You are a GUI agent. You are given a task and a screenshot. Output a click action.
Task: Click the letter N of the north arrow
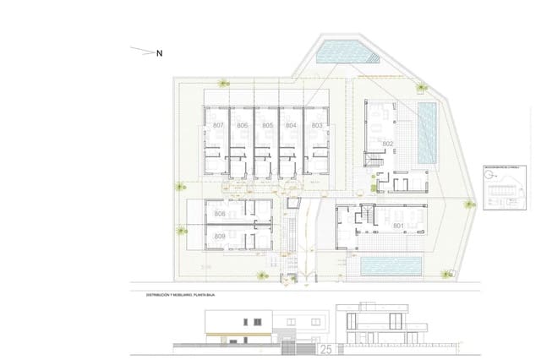coord(159,52)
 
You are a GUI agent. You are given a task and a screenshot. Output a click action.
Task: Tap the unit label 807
coord(218,125)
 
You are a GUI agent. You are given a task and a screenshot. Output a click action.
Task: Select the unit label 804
coord(291,125)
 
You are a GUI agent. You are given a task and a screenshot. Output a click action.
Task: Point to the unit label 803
coord(316,125)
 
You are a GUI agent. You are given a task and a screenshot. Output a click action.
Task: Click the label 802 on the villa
coord(387,145)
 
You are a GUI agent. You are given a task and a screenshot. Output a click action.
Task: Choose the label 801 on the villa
coord(400,226)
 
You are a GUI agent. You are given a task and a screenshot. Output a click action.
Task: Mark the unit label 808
coord(220,215)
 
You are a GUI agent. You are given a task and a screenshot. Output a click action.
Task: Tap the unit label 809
coord(220,236)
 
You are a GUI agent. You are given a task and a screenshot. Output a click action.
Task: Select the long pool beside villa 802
coord(427,134)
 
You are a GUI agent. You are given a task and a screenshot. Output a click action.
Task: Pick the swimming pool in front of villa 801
coord(391,266)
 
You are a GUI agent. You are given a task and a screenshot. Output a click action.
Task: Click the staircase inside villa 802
coord(371,160)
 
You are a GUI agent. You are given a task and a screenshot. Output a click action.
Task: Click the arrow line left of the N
coord(141,51)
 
